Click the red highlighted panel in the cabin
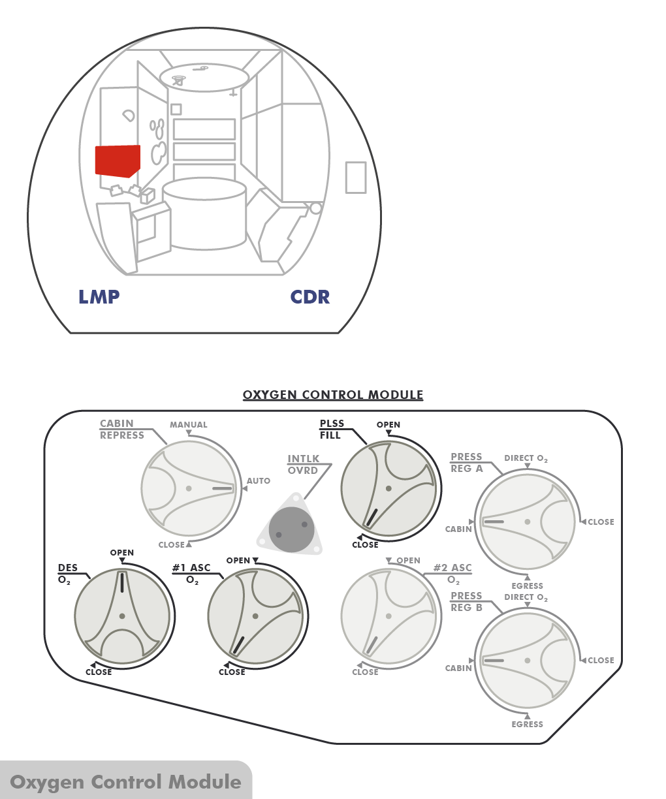pyautogui.click(x=118, y=161)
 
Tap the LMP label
pyautogui.click(x=99, y=297)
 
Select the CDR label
pyautogui.click(x=310, y=297)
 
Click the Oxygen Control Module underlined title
pyautogui.click(x=333, y=395)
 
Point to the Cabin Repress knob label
pyautogui.click(x=121, y=430)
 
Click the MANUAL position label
pyautogui.click(x=188, y=425)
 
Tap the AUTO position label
pyautogui.click(x=259, y=481)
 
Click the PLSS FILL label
pyautogui.click(x=331, y=430)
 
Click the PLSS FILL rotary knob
pyautogui.click(x=388, y=489)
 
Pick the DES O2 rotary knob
pyautogui.click(x=122, y=616)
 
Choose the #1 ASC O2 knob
pyautogui.click(x=255, y=616)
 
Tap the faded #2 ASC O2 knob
pyautogui.click(x=388, y=616)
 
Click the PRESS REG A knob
pyautogui.click(x=527, y=522)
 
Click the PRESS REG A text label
pyautogui.click(x=466, y=463)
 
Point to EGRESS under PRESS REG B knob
pyautogui.click(x=527, y=725)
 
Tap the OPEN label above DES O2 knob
pyautogui.click(x=122, y=553)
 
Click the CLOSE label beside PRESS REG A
pyautogui.click(x=601, y=522)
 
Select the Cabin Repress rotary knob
pyautogui.click(x=189, y=488)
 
